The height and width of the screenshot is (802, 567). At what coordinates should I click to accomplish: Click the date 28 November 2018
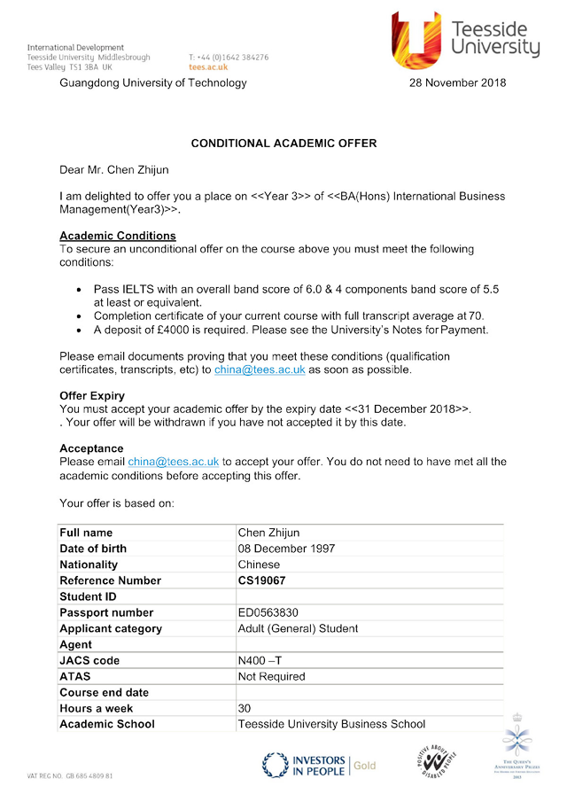pos(457,83)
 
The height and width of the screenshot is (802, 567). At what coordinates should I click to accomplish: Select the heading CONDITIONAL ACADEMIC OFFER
pos(283,143)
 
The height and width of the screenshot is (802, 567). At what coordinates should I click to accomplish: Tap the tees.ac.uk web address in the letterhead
pos(208,67)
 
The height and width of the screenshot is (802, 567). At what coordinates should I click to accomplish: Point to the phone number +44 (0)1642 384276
pos(229,58)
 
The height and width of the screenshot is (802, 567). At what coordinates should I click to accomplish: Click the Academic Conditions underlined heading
pos(118,236)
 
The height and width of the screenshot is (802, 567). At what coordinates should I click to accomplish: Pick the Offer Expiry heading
pos(92,395)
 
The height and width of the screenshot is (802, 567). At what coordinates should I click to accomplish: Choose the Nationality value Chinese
pos(260,565)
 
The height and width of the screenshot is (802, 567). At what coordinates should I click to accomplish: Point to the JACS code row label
pos(89,660)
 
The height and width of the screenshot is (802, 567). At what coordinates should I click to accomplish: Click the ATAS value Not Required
pos(271,676)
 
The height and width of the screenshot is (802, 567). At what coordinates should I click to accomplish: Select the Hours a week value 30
pos(245,708)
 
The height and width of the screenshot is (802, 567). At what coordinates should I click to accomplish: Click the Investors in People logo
pos(318,765)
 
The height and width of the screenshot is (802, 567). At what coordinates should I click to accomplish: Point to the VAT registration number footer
pos(70,776)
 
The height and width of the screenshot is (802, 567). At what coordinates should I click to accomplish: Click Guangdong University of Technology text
pos(153,83)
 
